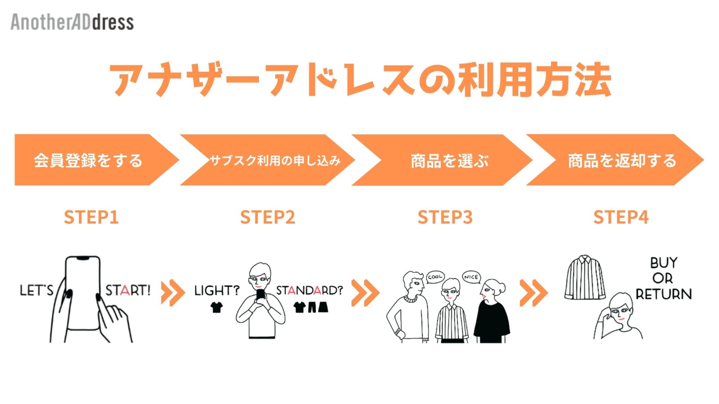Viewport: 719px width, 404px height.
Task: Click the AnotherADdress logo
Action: [x=72, y=22]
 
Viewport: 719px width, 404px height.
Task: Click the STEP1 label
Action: [x=91, y=217]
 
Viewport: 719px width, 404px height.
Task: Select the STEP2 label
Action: [x=268, y=217]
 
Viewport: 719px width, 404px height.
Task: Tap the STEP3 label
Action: [x=445, y=217]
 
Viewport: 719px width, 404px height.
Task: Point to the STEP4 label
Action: [x=621, y=217]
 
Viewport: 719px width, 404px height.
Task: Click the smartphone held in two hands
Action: [x=83, y=293]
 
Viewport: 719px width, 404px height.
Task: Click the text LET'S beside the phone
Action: [x=37, y=290]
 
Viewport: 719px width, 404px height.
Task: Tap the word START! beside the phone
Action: [x=128, y=290]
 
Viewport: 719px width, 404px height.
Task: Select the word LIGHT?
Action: [x=217, y=290]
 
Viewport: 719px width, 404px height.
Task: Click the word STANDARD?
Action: [x=309, y=290]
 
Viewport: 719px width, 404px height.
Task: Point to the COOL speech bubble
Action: [x=435, y=277]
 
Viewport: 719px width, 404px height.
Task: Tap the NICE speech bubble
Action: [x=471, y=277]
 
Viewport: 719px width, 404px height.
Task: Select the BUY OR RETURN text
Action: [x=664, y=278]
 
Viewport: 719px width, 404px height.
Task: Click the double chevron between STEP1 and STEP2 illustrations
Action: [x=172, y=293]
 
